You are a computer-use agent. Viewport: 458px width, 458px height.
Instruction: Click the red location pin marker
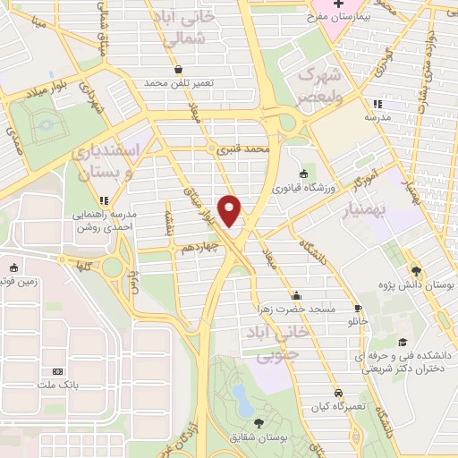click(x=231, y=210)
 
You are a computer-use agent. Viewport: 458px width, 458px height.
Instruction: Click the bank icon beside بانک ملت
click(x=58, y=370)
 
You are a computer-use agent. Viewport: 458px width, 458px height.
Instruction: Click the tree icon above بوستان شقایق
click(x=259, y=422)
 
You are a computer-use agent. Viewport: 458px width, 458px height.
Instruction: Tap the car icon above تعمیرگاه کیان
click(x=337, y=393)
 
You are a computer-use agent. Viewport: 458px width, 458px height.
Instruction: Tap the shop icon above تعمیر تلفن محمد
click(x=178, y=68)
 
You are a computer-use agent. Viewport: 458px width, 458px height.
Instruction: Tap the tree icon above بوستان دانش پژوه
click(x=416, y=270)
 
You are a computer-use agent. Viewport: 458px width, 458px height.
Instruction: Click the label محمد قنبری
click(x=243, y=151)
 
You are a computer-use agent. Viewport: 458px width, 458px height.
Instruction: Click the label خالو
click(x=358, y=319)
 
